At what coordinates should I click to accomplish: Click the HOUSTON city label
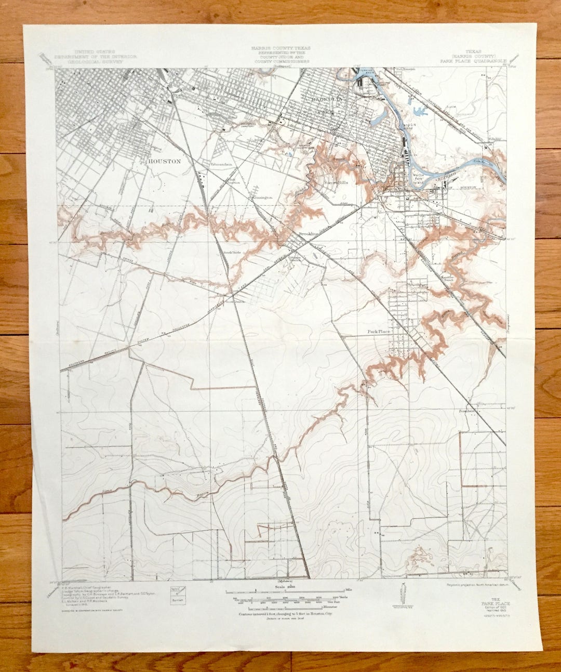[164, 161]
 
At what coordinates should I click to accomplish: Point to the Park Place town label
[378, 331]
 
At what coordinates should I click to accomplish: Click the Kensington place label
[262, 197]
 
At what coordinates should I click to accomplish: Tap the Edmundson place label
[220, 164]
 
